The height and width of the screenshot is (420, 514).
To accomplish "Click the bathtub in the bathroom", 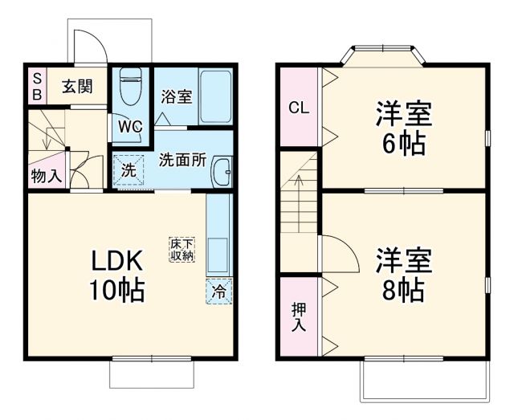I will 214,97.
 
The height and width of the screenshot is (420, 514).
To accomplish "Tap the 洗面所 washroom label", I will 182,159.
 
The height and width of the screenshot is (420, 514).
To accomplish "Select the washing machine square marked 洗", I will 128,169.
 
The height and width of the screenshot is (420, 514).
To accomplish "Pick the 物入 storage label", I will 46,176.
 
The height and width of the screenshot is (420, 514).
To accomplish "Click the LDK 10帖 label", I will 116,275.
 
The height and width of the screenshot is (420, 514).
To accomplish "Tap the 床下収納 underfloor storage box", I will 182,249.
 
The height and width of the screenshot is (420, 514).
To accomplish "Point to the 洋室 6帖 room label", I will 403,128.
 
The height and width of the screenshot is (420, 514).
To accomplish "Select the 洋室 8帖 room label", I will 403,274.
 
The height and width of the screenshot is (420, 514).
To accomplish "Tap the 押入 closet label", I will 299,316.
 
